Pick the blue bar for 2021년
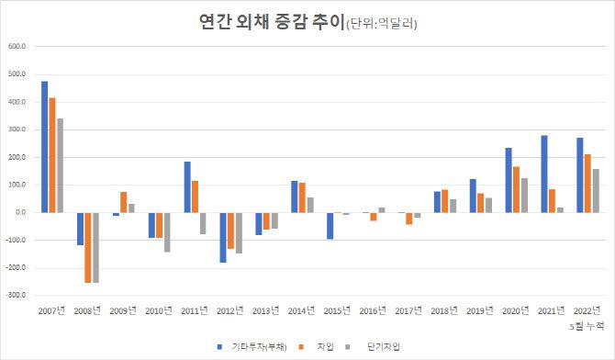(x=543, y=174)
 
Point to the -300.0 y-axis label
(x=17, y=296)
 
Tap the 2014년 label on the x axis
(x=301, y=312)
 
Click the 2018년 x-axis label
(x=444, y=312)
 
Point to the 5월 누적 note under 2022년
(x=587, y=325)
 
